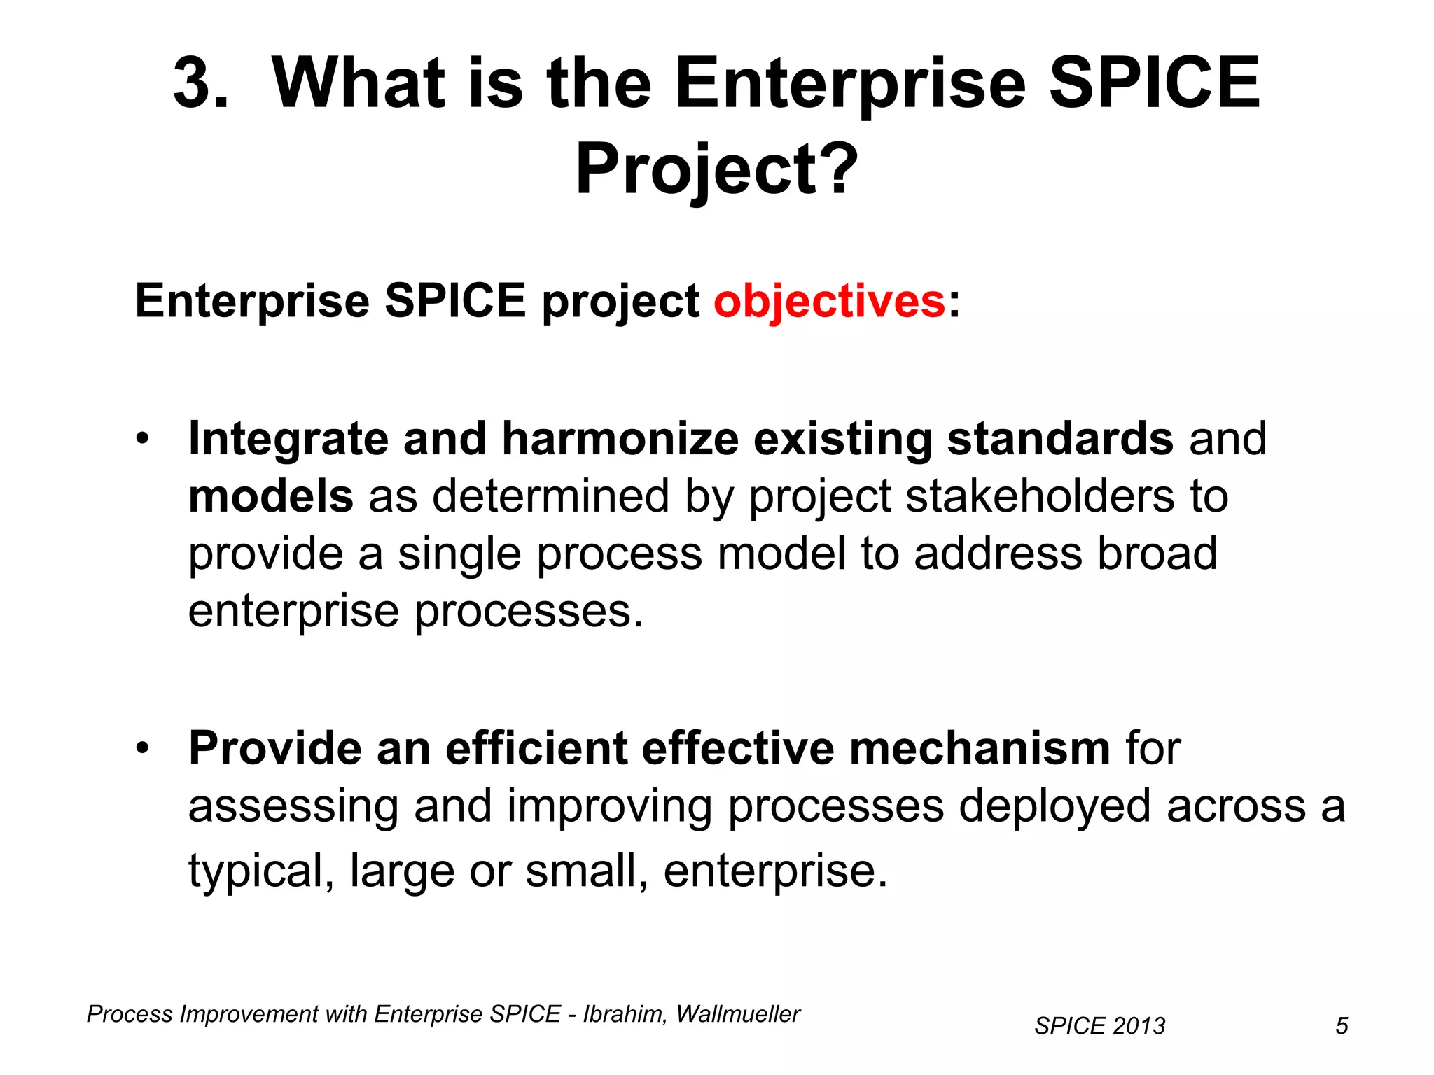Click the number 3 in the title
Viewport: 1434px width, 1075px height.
pos(200,84)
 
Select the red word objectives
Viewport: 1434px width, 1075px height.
pos(830,301)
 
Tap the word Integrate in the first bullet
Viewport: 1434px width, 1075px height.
pos(288,440)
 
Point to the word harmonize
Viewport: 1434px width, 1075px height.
pos(620,439)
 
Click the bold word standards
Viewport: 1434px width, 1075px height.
pos(1059,439)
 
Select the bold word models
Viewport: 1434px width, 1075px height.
pos(270,496)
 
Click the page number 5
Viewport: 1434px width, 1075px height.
pos(1342,1026)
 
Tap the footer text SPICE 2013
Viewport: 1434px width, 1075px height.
pos(1099,1026)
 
